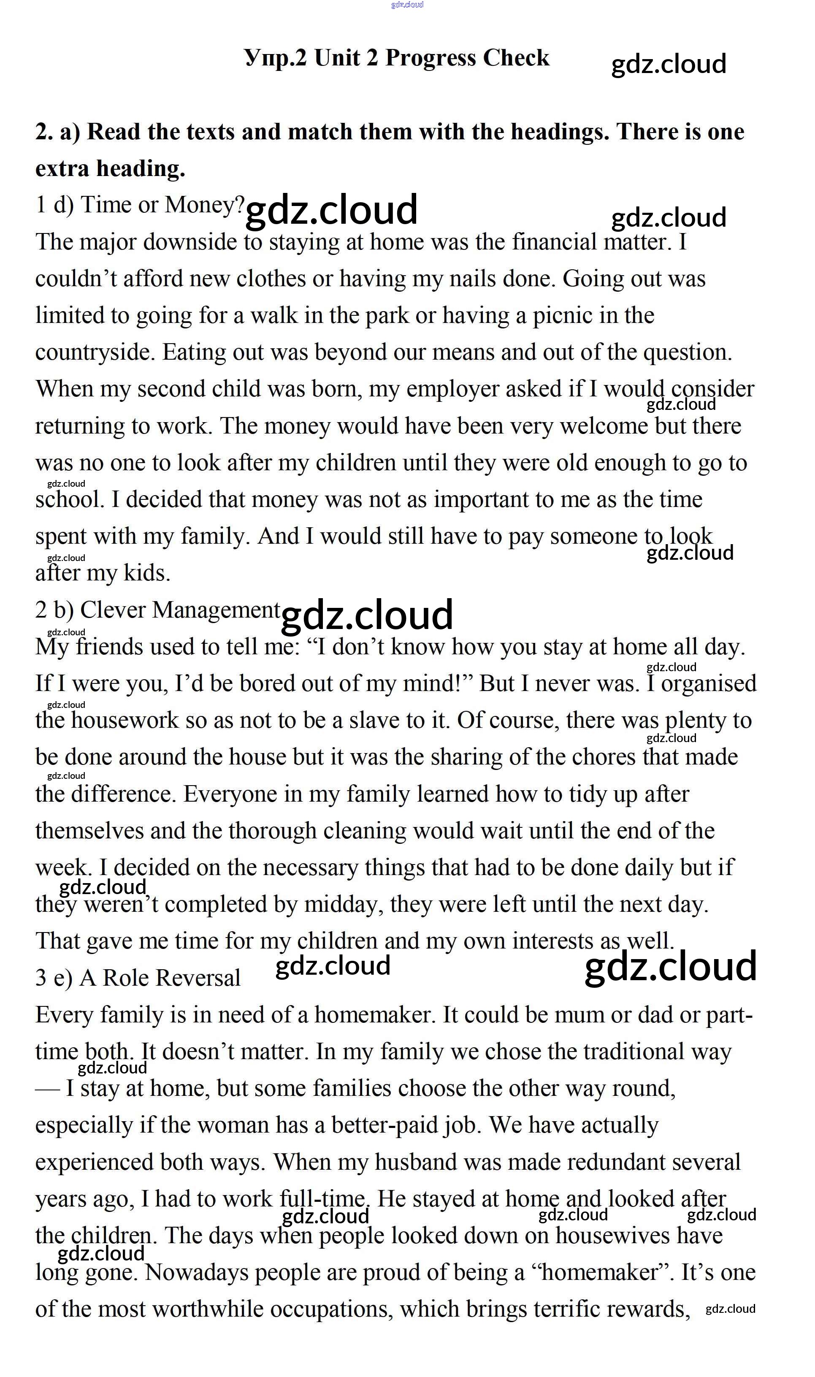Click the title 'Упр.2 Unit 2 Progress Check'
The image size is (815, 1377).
pos(396,58)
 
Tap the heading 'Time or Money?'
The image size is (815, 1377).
pos(162,205)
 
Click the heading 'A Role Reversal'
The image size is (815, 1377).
pos(160,978)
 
